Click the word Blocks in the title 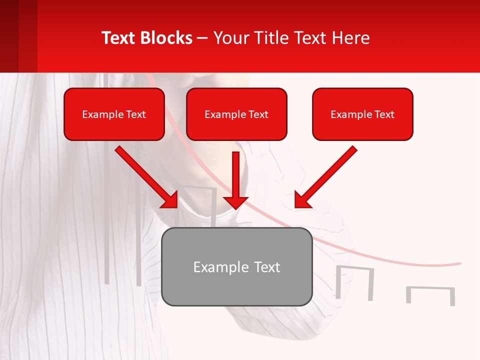click(x=166, y=38)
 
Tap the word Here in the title click(x=350, y=38)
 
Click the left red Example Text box click(x=114, y=114)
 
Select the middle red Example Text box click(x=236, y=114)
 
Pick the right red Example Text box click(x=362, y=114)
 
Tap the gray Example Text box click(x=237, y=266)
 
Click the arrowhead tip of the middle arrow click(x=236, y=207)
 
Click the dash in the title click(x=202, y=38)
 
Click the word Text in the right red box click(x=384, y=114)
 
